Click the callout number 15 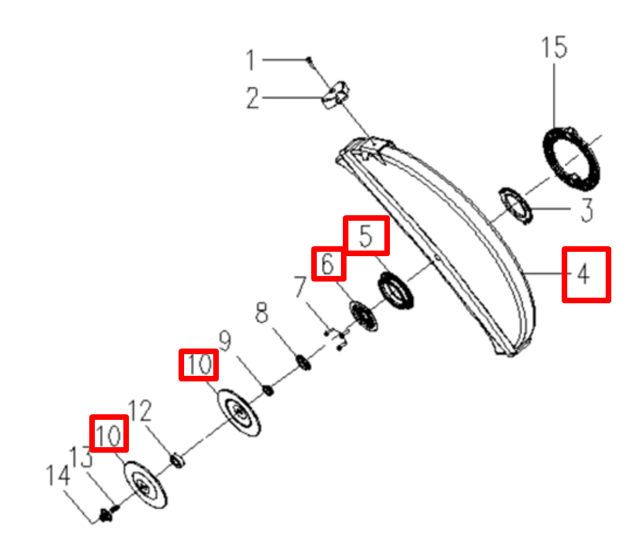554,47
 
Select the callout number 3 586,210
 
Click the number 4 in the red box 583,275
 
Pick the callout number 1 250,60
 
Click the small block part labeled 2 335,96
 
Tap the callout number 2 252,97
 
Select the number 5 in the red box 366,236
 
